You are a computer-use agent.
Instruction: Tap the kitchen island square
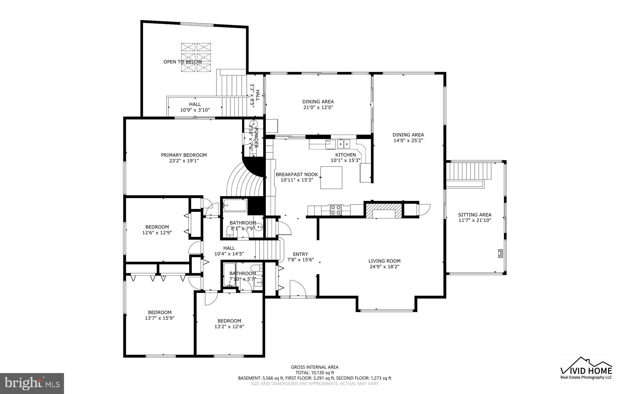coord(331,177)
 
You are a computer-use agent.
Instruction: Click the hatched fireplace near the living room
coord(384,210)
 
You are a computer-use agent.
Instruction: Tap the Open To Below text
coord(183,62)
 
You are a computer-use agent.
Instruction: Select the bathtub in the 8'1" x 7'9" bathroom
coord(235,205)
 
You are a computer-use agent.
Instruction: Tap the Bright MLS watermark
coord(32,383)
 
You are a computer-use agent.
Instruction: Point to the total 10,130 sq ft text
coord(315,372)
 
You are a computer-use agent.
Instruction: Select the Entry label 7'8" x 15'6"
coord(300,257)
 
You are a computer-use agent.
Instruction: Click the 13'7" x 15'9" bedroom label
coord(160,315)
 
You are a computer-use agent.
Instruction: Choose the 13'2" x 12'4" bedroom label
coord(229,324)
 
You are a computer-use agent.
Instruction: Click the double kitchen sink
coord(344,144)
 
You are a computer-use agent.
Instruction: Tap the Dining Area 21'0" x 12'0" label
coord(318,104)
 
